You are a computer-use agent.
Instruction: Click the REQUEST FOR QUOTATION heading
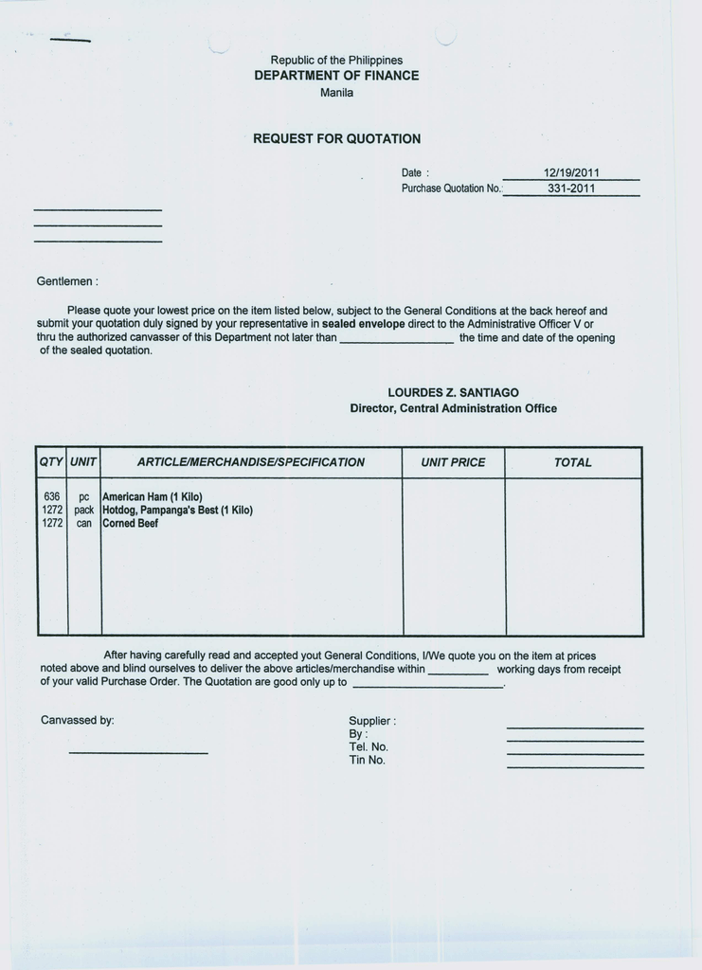pyautogui.click(x=336, y=138)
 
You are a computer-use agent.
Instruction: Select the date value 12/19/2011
pyautogui.click(x=571, y=173)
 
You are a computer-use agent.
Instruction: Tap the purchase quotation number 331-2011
pyautogui.click(x=571, y=189)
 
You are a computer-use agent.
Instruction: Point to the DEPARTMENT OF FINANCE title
pyautogui.click(x=336, y=76)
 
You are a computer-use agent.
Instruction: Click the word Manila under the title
pyautogui.click(x=336, y=93)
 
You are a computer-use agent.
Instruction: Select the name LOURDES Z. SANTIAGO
pyautogui.click(x=453, y=392)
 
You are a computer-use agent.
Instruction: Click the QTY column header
pyautogui.click(x=51, y=462)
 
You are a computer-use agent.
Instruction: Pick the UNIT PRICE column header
pyautogui.click(x=453, y=462)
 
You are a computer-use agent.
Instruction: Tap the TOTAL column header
pyautogui.click(x=572, y=462)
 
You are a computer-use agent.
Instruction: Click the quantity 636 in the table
pyautogui.click(x=52, y=496)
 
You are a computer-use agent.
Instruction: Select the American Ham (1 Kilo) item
pyautogui.click(x=152, y=496)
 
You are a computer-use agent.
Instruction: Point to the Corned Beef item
pyautogui.click(x=130, y=523)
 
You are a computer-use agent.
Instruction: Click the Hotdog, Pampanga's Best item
pyautogui.click(x=177, y=510)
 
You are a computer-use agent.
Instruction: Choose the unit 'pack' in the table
pyautogui.click(x=84, y=510)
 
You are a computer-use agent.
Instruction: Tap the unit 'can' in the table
pyautogui.click(x=84, y=523)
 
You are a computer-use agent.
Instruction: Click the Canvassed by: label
pyautogui.click(x=78, y=720)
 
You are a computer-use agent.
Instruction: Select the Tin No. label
pyautogui.click(x=367, y=760)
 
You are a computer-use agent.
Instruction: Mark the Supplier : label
pyautogui.click(x=372, y=720)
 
